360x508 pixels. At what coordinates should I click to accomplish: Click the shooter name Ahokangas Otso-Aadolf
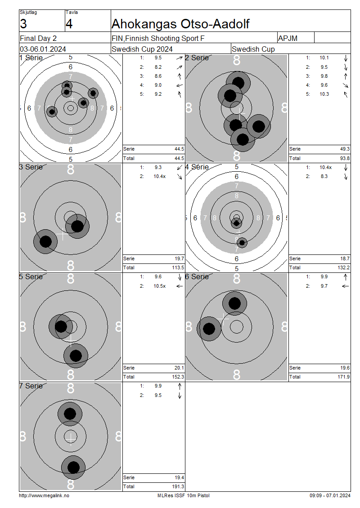180,24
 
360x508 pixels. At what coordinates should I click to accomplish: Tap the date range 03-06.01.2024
43,49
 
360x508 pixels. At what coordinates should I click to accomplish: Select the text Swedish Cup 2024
142,49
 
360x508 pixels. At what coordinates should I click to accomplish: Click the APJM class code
288,38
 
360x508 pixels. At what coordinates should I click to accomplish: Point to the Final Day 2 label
38,38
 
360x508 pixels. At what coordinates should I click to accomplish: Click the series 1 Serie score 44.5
180,149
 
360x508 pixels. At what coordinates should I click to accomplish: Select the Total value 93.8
345,158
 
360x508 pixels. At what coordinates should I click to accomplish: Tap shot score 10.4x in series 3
160,177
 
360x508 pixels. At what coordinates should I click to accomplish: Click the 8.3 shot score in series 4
324,177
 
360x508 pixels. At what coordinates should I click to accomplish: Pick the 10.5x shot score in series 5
160,286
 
